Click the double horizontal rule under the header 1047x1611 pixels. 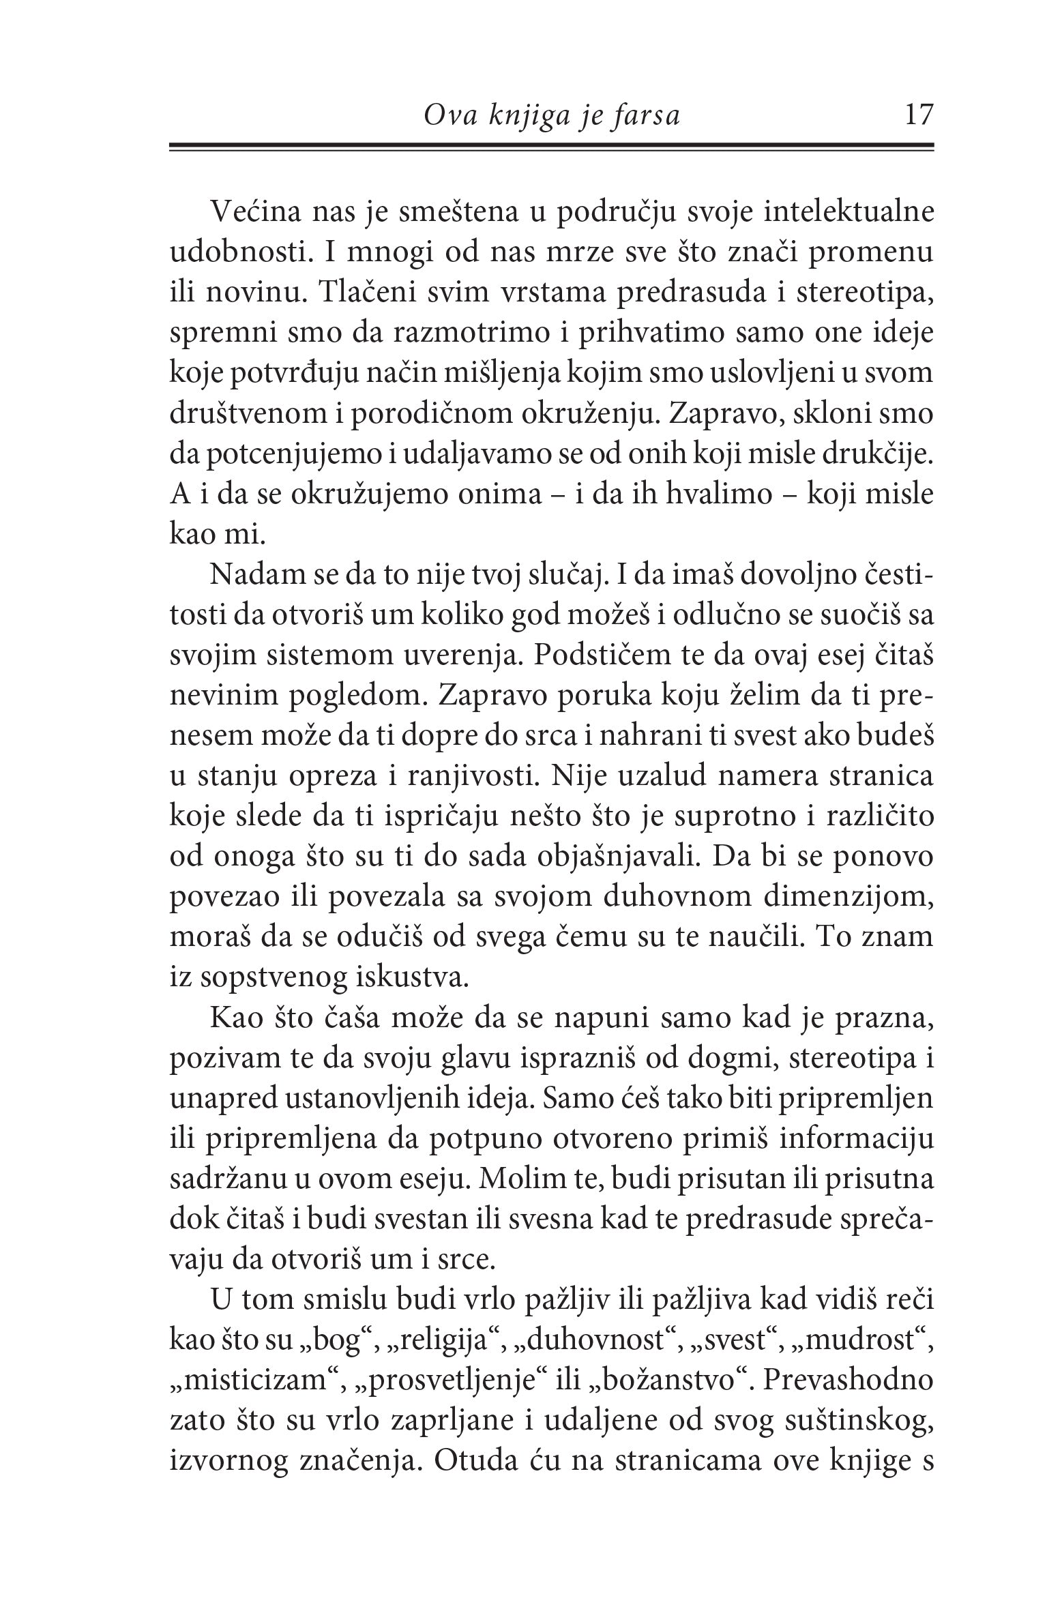pos(551,147)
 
